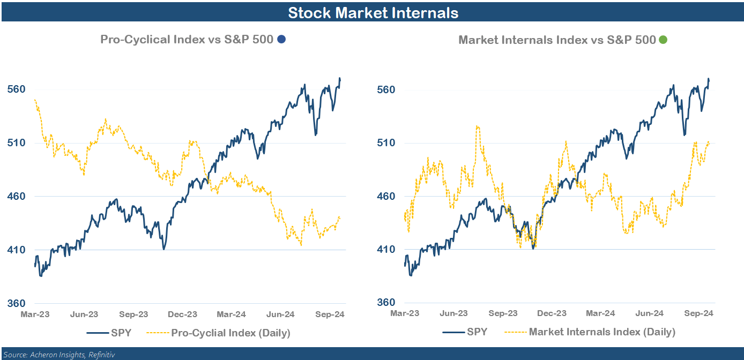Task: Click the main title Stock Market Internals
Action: pos(373,12)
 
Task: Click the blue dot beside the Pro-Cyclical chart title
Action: pos(281,39)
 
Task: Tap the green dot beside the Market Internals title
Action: pos(663,40)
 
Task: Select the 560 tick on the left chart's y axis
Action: pos(17,89)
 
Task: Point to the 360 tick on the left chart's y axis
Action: pos(17,303)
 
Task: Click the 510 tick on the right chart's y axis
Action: pos(386,142)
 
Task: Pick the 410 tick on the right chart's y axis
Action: pos(386,249)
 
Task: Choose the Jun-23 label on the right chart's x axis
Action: pos(454,313)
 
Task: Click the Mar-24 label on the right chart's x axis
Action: pos(601,313)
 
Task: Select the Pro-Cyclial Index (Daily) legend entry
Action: pos(230,333)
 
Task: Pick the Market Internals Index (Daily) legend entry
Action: pos(602,332)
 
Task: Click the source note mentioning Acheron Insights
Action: pos(58,354)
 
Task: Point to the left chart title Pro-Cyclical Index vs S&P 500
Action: pos(187,39)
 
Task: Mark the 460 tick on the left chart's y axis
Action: pos(17,196)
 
